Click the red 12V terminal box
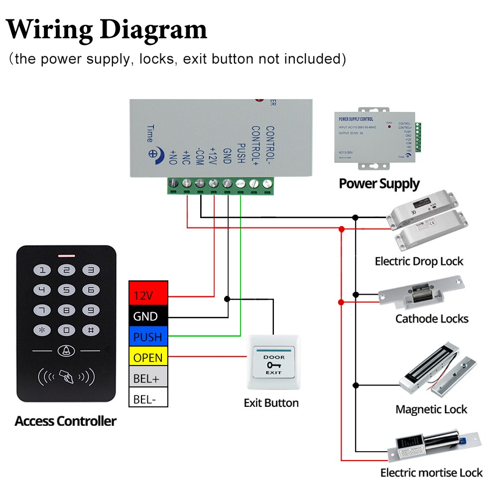(148, 295)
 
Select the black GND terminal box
(148, 316)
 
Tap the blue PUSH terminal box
(148, 337)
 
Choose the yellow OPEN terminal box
(148, 358)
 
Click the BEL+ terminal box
(148, 378)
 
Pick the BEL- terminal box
(148, 399)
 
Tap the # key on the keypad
(91, 330)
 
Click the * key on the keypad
(42, 330)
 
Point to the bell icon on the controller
(66, 351)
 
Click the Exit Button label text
(271, 403)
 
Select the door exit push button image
(273, 363)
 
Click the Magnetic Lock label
(431, 409)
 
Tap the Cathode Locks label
(432, 319)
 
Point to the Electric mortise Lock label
(431, 473)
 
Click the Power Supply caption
(379, 183)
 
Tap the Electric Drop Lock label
(419, 261)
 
